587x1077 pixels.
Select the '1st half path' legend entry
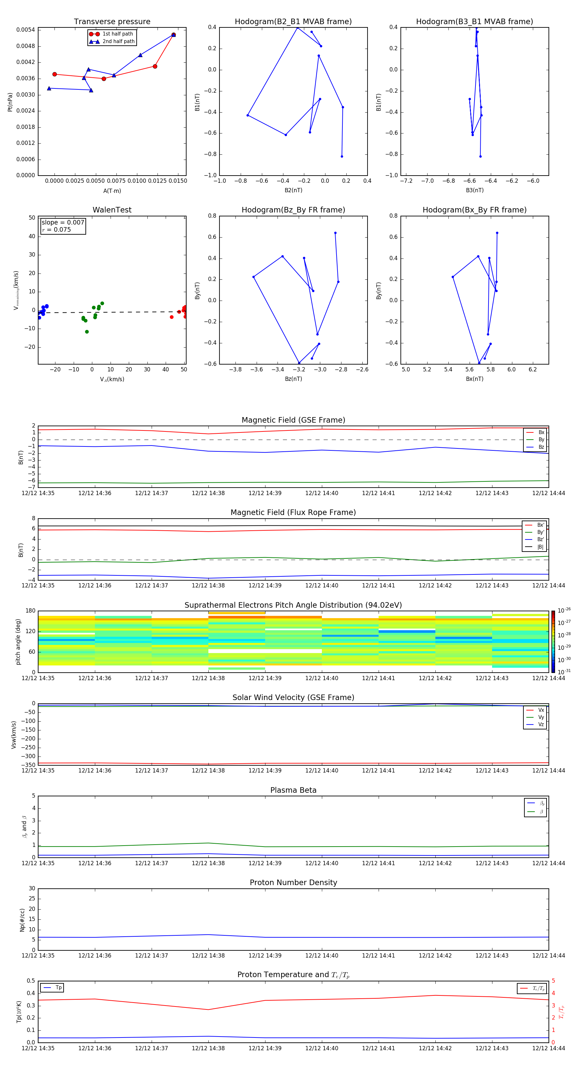[x=117, y=34]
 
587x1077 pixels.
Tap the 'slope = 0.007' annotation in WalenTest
[x=63, y=223]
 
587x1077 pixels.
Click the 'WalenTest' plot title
[x=112, y=210]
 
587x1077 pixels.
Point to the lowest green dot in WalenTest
[x=87, y=332]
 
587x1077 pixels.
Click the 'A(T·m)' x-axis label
[x=112, y=191]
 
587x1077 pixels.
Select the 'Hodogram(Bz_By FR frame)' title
[x=293, y=210]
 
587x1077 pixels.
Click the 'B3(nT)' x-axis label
[x=474, y=190]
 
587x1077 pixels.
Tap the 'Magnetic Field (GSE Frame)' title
[x=293, y=420]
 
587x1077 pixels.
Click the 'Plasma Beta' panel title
[x=293, y=790]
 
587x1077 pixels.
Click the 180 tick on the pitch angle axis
[x=31, y=611]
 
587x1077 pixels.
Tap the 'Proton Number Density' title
[x=293, y=882]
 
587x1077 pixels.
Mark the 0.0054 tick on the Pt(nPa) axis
[x=25, y=30]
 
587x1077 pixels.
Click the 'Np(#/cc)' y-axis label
[x=22, y=920]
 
